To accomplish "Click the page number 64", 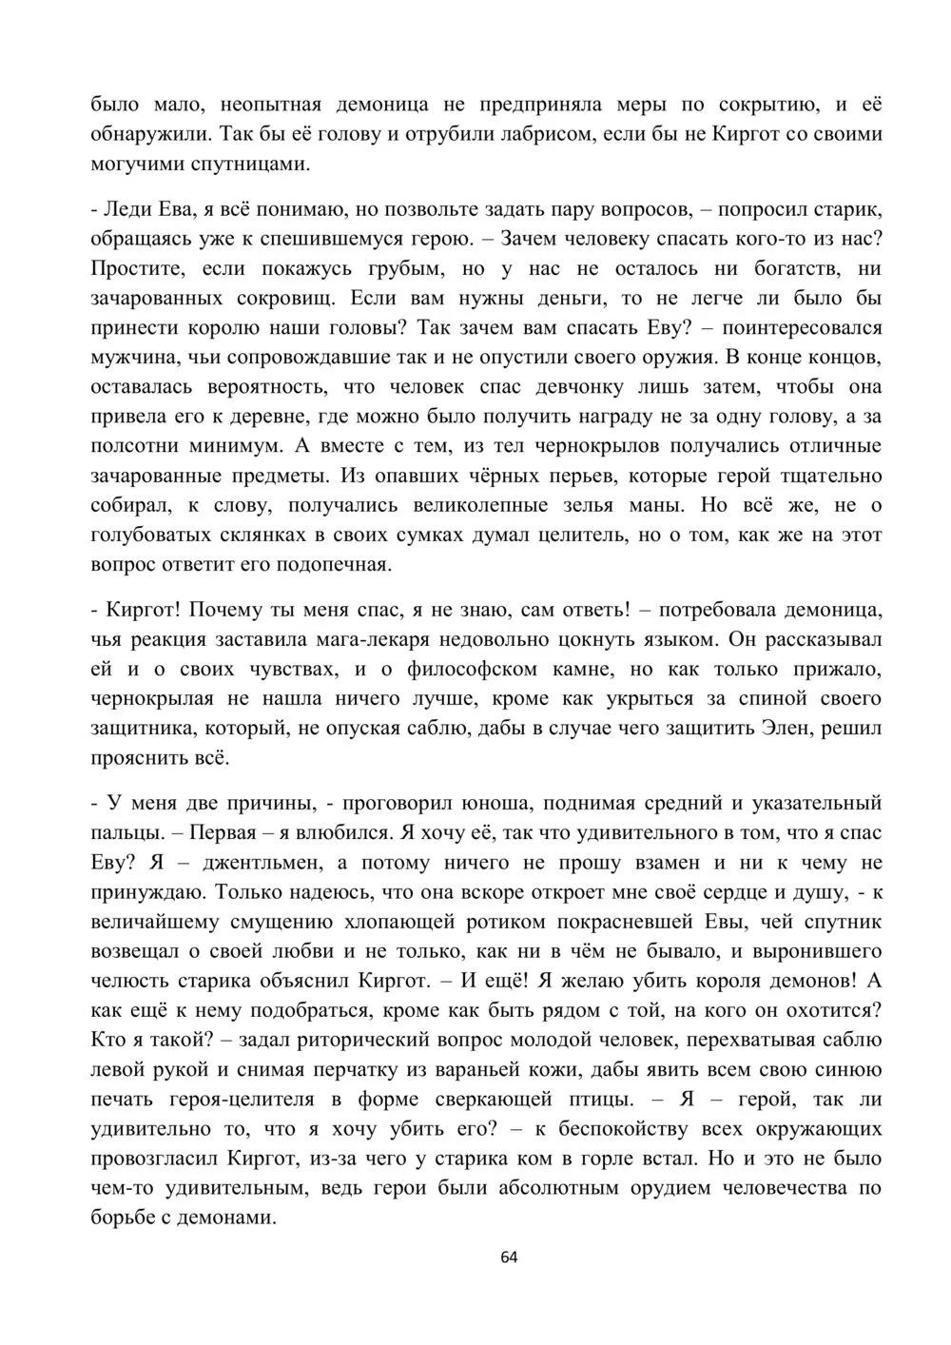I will pyautogui.click(x=509, y=1257).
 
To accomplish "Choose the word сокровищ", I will pyautogui.click(x=284, y=299).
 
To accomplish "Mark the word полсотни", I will pyautogui.click(x=135, y=446).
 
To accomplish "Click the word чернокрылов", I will pyautogui.click(x=610, y=446).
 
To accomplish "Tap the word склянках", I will pyautogui.click(x=243, y=535).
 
